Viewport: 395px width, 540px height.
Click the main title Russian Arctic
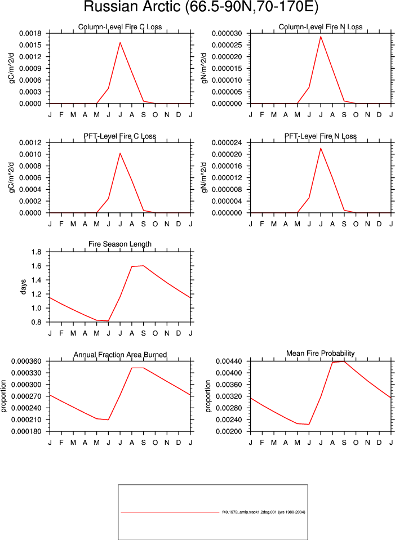[132, 7]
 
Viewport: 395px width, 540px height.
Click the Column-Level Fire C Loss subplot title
[120, 27]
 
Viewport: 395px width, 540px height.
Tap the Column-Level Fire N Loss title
[321, 27]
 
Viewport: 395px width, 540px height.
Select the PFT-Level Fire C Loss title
[120, 136]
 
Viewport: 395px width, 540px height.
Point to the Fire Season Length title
[120, 244]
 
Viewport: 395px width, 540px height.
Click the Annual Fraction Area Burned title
[120, 355]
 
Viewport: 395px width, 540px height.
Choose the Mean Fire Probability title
[321, 354]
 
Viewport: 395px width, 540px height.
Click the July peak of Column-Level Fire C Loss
[120, 42]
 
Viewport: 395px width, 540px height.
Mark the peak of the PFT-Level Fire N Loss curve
[321, 148]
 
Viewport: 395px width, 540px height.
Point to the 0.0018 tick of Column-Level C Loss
[30, 33]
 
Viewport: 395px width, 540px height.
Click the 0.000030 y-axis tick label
[227, 33]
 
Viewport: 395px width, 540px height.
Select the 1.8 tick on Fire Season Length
[36, 252]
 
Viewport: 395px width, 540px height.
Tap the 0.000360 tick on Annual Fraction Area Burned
[26, 362]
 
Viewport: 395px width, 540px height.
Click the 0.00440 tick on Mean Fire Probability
[229, 362]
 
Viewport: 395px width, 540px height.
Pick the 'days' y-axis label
[23, 287]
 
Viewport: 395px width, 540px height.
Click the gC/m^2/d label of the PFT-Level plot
[11, 177]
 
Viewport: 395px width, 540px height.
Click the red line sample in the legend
[170, 512]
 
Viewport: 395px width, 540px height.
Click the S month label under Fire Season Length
[143, 333]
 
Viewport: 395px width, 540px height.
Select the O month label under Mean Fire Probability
[356, 443]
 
